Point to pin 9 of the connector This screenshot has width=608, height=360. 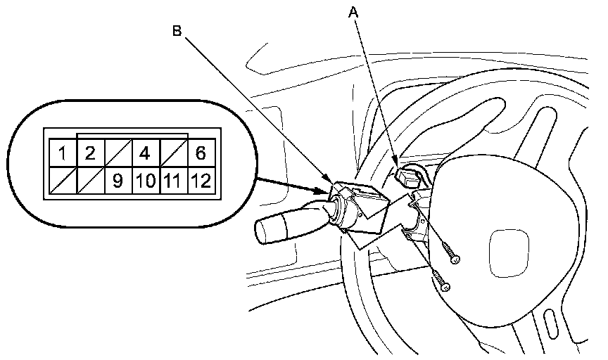coord(118,181)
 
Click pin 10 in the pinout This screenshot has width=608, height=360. coord(146,181)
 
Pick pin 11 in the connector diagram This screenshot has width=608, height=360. coord(173,181)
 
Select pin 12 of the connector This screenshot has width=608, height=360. coord(201,181)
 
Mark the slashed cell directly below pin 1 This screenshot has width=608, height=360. coord(63,181)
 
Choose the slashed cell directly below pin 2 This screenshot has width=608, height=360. coord(90,181)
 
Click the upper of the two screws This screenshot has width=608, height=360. coord(453,258)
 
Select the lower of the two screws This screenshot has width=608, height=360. coord(443,283)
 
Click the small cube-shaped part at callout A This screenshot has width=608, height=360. coord(410,176)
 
